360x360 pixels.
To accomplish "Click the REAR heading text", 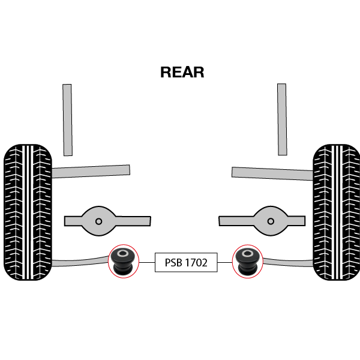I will coord(182,73).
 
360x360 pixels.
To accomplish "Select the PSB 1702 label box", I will coord(186,262).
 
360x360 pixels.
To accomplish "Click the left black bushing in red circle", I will coord(123,262).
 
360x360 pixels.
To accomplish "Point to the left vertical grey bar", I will coord(68,120).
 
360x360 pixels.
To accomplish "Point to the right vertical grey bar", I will coord(282,120).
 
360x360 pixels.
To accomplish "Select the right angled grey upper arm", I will coord(272,173).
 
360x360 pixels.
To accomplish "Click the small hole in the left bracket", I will coord(98,221).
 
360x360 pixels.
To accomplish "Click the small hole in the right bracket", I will coord(271,221).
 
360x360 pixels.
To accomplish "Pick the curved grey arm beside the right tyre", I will coord(288,262).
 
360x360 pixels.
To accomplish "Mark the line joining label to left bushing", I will coord(147,262).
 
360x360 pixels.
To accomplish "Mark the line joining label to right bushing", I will coord(224,262).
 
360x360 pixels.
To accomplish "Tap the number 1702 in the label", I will coord(196,262).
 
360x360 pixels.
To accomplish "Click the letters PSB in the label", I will coord(173,262).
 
